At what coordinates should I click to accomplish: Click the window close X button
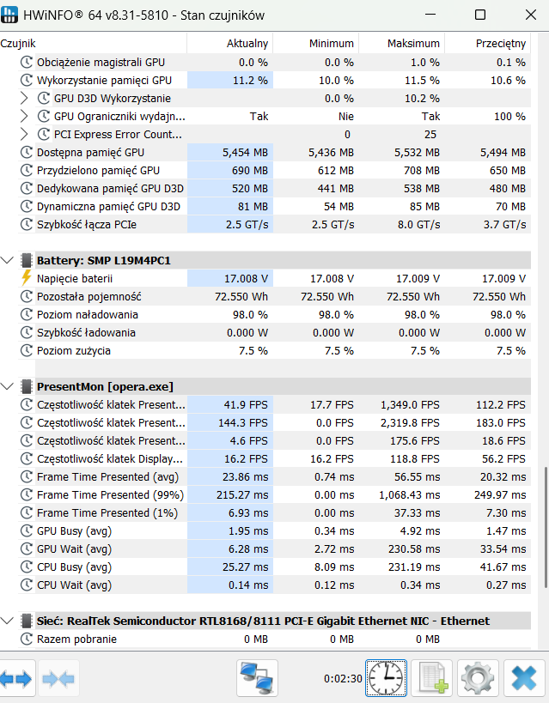531,15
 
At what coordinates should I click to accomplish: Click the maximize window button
480,15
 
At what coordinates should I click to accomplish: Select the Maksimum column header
413,44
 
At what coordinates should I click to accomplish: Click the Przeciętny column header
501,44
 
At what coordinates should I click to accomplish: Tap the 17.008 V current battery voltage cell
246,279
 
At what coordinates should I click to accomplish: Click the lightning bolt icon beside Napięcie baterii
27,278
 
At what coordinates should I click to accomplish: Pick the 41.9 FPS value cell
246,405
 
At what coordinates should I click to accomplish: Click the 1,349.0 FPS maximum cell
410,405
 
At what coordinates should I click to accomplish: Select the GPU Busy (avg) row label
74,531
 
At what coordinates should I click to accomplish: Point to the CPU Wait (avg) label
74,585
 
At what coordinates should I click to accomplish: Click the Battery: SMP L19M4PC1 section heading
104,260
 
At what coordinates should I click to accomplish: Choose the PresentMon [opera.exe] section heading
105,386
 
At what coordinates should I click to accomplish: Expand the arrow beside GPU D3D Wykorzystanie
24,98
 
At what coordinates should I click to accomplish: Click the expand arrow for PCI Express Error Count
24,134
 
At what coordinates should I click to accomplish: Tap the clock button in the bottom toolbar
386,678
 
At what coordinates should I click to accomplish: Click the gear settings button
478,678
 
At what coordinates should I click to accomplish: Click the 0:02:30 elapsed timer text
343,679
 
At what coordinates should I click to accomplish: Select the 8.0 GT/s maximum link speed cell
418,225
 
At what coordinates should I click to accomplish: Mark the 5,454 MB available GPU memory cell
245,153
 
